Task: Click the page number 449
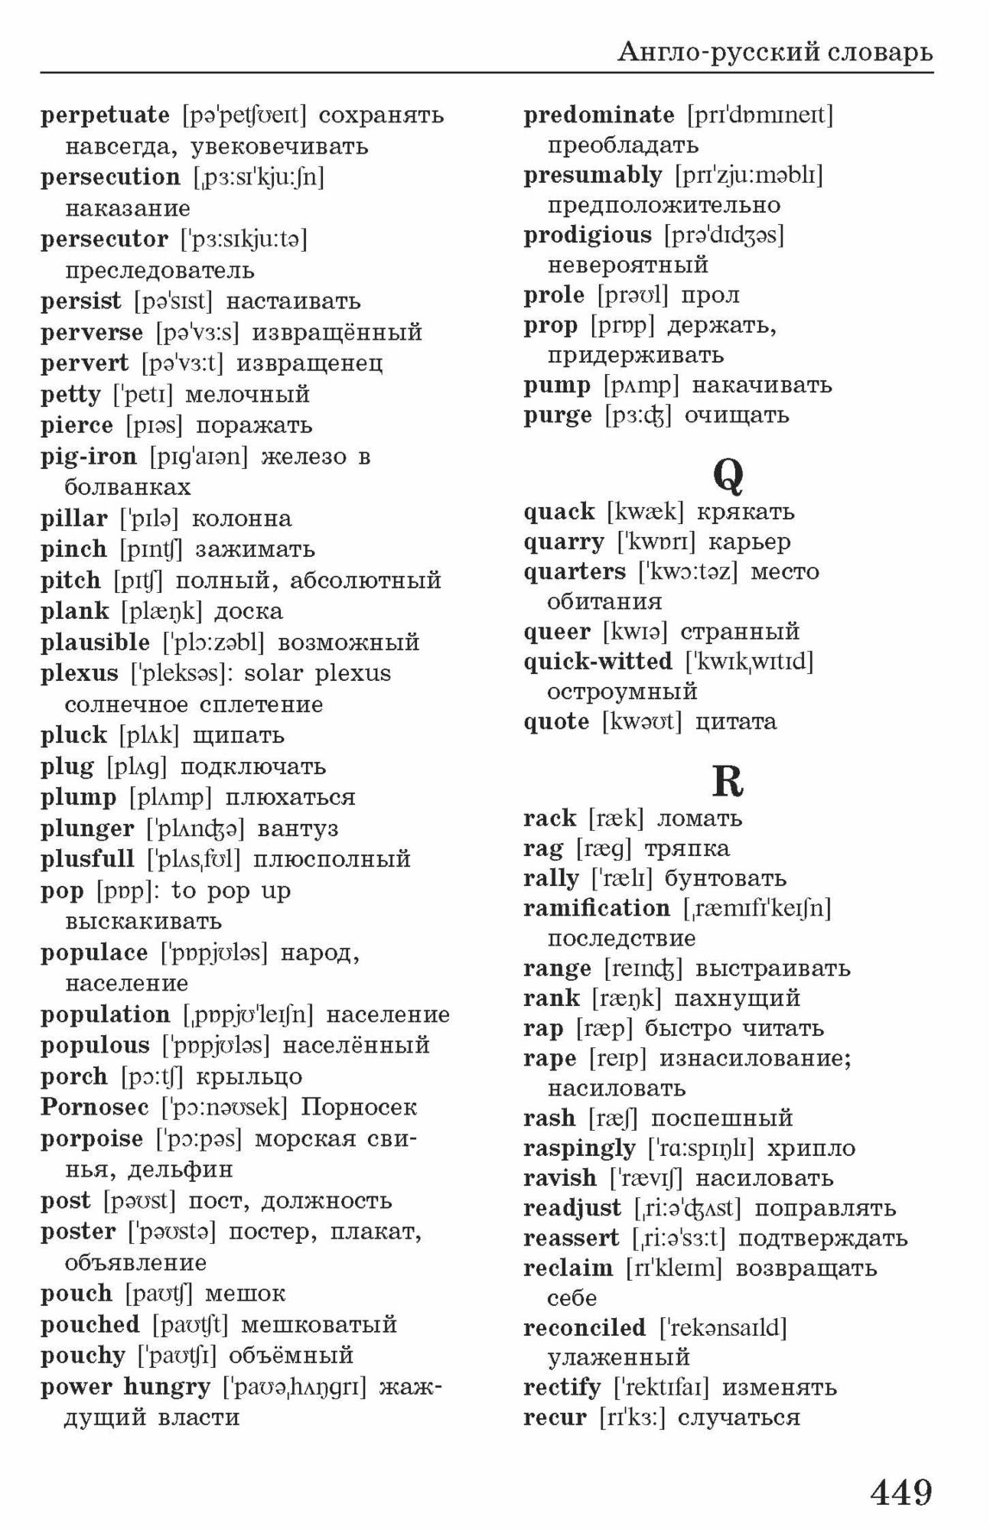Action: point(901,1492)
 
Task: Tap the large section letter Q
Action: point(728,475)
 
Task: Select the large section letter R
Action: point(728,781)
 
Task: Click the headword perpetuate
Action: point(105,116)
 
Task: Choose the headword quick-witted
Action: point(598,661)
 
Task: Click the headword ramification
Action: point(597,908)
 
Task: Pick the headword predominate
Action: point(599,116)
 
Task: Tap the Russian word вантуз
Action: point(298,828)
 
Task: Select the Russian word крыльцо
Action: point(249,1076)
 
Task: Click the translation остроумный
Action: point(622,692)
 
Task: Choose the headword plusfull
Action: point(87,859)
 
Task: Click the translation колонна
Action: point(242,519)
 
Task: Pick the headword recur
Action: point(555,1417)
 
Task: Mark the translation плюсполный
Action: point(332,859)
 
